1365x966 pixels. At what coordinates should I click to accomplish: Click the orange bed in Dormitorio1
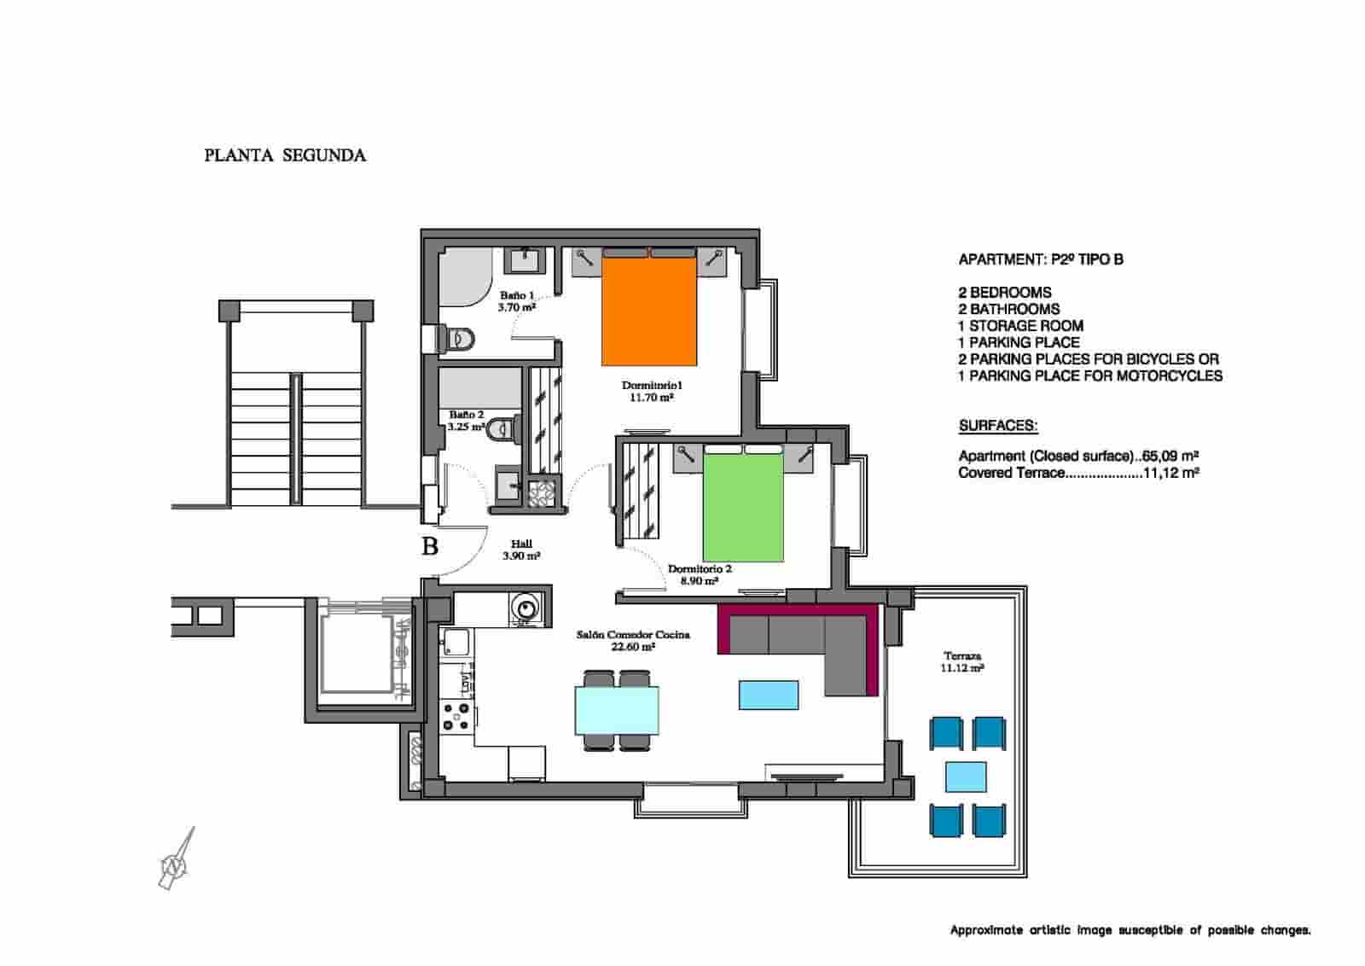point(649,311)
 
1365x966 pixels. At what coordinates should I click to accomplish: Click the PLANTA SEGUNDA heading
point(285,155)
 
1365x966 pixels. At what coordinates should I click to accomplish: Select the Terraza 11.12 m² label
point(961,662)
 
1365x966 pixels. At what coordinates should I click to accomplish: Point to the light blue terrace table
point(966,777)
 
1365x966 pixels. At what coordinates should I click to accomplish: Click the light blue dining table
point(617,710)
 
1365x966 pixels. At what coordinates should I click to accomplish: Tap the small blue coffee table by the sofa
point(769,695)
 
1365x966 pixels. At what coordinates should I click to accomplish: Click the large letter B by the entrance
point(430,545)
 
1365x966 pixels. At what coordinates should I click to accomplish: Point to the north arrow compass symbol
point(177,860)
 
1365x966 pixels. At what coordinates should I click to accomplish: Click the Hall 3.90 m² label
point(521,550)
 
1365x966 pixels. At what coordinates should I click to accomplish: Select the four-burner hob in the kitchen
point(456,715)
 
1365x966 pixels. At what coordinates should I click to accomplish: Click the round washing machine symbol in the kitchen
point(524,608)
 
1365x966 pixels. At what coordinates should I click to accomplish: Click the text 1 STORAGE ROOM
point(1020,326)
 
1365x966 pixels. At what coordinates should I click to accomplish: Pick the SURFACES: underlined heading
point(997,426)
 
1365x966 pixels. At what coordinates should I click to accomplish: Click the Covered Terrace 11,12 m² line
point(1078,473)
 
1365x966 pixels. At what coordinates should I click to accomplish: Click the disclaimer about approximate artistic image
point(1130,930)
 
